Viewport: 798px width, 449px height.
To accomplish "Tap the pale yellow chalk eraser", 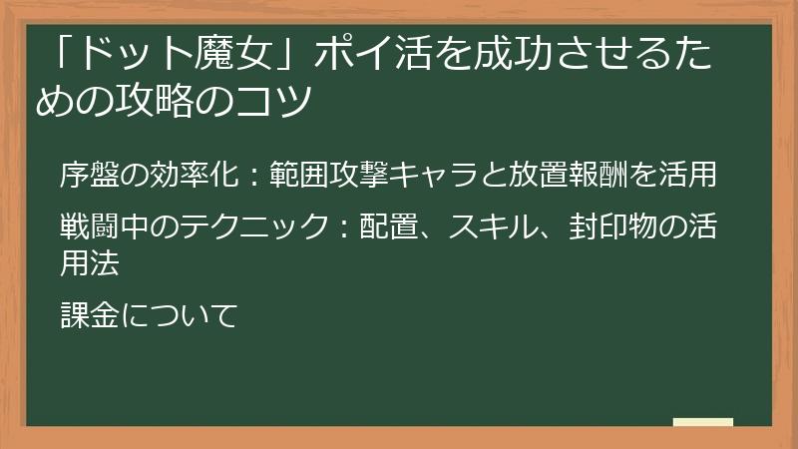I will pyautogui.click(x=702, y=422).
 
